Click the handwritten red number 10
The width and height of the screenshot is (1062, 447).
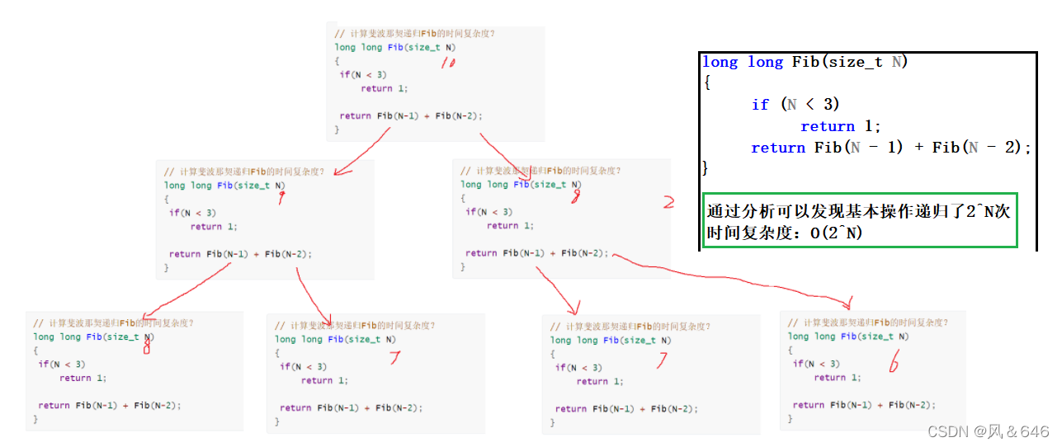(447, 63)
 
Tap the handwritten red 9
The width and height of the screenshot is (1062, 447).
(282, 198)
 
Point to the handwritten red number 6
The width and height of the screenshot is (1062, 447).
(894, 364)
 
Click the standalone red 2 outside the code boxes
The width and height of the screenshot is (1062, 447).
(668, 202)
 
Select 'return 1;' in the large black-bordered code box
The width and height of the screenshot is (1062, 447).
(841, 126)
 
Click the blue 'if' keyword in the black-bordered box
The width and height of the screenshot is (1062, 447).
(760, 105)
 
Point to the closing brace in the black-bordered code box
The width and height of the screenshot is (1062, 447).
(706, 168)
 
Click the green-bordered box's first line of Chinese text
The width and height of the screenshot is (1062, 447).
(858, 212)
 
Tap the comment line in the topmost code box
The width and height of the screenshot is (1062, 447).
(414, 34)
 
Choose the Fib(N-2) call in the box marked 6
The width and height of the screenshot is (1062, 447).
(912, 405)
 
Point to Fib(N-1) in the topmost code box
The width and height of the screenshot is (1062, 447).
(397, 115)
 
